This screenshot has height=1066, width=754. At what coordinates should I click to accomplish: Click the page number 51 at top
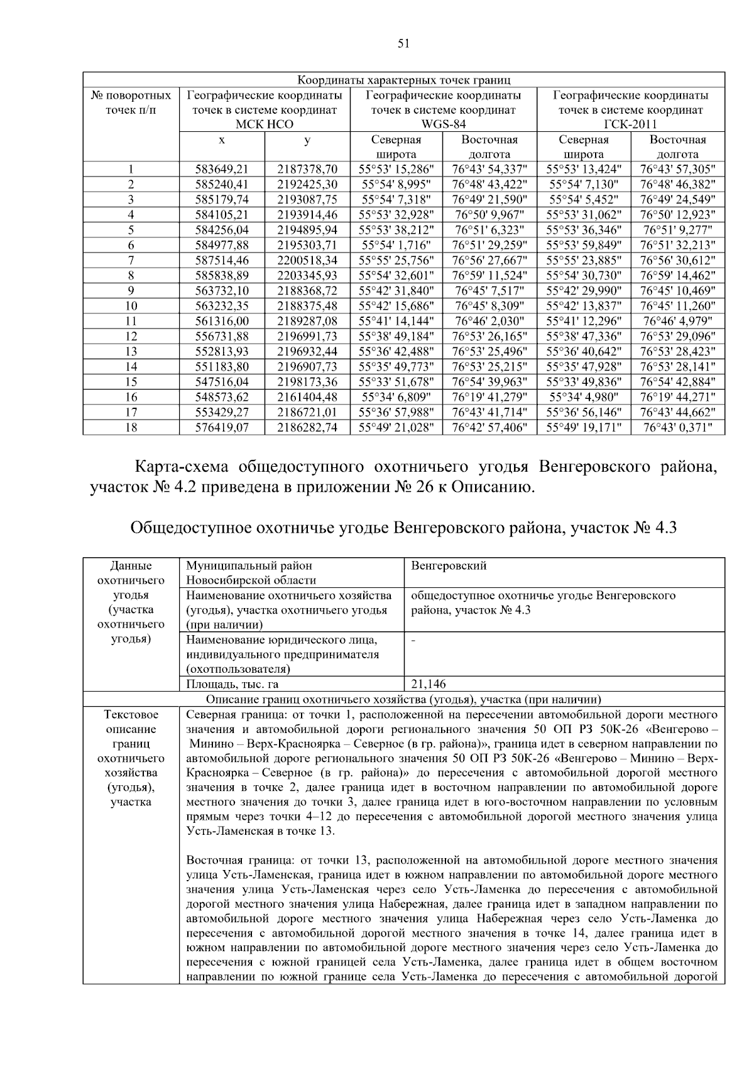point(403,43)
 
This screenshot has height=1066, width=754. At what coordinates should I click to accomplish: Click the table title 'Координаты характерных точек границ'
point(403,80)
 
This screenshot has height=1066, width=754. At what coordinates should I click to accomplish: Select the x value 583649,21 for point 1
point(222,169)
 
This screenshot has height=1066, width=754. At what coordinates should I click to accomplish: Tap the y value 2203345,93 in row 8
point(307,275)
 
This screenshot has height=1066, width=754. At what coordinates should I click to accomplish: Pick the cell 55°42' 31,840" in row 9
point(396,291)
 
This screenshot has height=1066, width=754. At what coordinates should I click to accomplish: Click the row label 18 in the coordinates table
point(131,428)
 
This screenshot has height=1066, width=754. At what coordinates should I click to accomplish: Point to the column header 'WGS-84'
point(443,124)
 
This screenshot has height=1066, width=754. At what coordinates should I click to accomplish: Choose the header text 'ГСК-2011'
point(630,124)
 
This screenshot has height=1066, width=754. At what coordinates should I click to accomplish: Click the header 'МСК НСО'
point(264,124)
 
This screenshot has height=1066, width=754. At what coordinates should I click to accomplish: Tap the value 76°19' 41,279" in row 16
point(489,397)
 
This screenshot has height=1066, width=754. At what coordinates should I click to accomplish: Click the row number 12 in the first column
point(131,336)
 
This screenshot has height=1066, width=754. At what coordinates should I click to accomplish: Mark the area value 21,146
point(429,684)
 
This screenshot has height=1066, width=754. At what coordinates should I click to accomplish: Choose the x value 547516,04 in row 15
point(222,382)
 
